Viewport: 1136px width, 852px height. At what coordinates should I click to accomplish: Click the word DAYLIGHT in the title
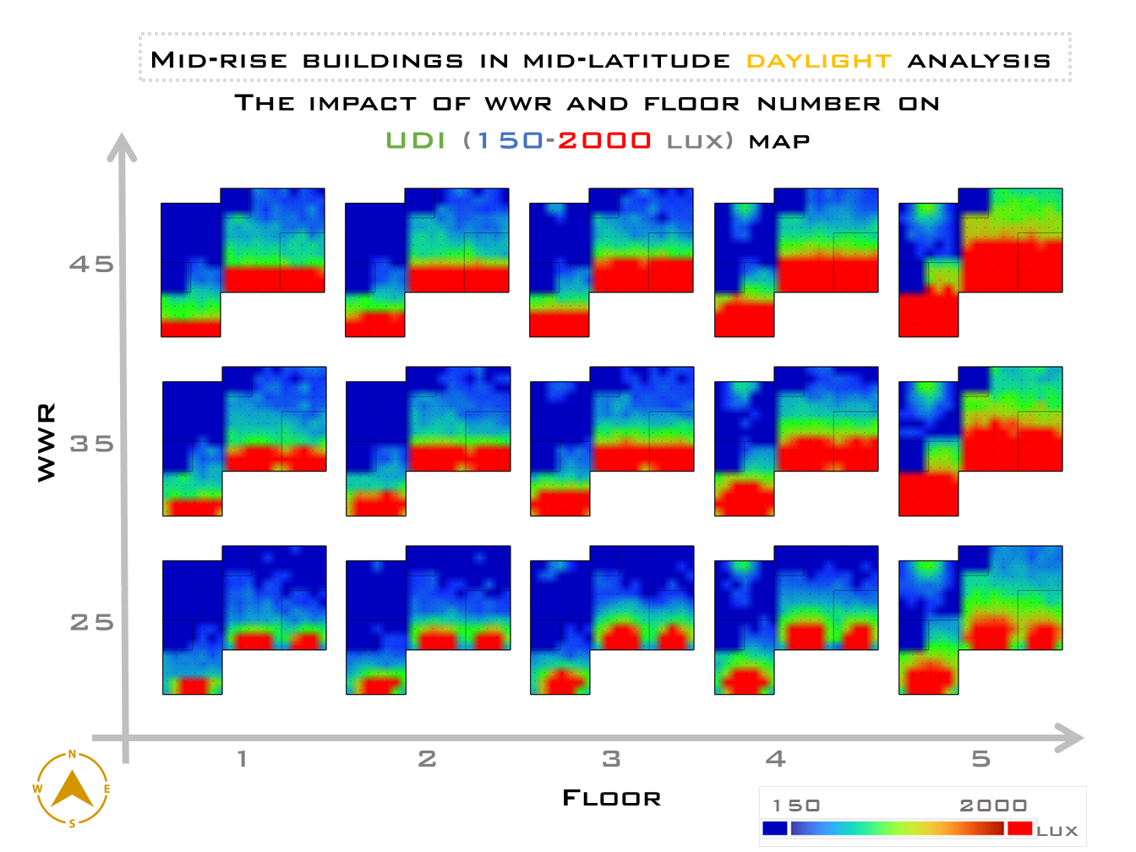(x=818, y=61)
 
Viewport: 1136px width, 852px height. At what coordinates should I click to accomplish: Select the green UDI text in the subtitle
(x=415, y=140)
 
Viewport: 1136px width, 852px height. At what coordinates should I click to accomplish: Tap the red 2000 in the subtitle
(x=603, y=140)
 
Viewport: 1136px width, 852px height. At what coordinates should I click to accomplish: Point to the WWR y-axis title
(x=46, y=442)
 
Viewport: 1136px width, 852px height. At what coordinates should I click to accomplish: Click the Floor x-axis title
(x=611, y=798)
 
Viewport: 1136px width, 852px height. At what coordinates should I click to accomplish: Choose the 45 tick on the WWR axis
(x=91, y=265)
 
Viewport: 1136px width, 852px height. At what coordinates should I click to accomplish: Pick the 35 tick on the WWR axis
(x=91, y=444)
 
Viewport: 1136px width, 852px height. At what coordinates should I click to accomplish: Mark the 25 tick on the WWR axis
(x=91, y=623)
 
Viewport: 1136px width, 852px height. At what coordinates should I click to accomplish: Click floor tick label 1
(x=242, y=759)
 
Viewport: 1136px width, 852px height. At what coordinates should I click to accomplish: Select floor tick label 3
(x=611, y=759)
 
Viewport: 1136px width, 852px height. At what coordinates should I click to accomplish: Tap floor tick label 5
(x=980, y=759)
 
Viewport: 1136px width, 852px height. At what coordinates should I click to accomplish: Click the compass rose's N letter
(x=72, y=755)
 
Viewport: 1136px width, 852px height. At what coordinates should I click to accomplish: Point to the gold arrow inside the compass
(x=72, y=789)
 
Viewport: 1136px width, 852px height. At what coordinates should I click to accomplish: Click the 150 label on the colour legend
(x=796, y=806)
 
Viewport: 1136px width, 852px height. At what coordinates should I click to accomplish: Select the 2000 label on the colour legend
(x=993, y=806)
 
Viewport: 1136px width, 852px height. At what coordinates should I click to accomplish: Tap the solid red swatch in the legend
(x=1019, y=828)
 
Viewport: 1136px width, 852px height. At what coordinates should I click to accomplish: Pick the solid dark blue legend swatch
(x=774, y=828)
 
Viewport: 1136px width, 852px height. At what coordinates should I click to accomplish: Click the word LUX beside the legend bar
(x=1057, y=831)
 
